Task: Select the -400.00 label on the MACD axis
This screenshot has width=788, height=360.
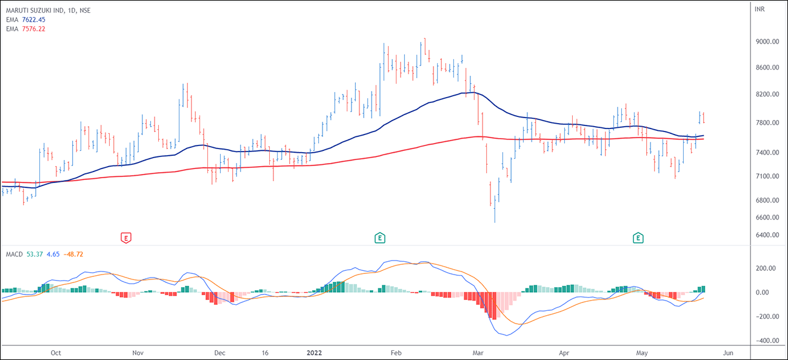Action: click(x=766, y=341)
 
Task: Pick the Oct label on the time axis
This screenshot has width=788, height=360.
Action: click(x=56, y=352)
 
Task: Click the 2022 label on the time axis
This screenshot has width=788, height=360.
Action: click(x=315, y=352)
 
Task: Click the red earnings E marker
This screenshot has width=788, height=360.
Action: click(x=126, y=238)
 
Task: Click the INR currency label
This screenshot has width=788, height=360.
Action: click(x=760, y=9)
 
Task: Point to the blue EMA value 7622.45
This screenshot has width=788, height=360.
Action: click(x=33, y=19)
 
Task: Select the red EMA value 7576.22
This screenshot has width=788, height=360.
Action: click(x=33, y=28)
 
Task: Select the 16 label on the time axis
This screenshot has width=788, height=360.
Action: click(x=265, y=352)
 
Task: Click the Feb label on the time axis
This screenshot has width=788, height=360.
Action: click(x=396, y=352)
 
